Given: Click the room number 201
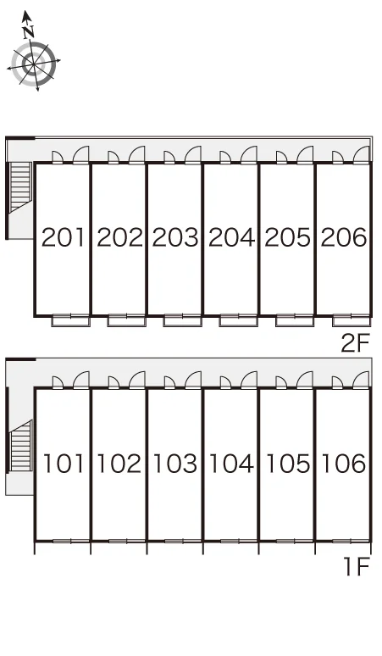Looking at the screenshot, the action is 64,237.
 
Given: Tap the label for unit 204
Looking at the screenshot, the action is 231,237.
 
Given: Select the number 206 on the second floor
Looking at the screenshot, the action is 344,237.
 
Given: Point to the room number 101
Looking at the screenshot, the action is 64,464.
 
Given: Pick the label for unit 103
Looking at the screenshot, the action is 175,464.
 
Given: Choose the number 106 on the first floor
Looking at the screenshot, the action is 344,464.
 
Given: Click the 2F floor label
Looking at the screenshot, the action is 356,343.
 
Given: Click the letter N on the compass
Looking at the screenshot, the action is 29,32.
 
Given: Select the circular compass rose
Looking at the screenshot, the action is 33,64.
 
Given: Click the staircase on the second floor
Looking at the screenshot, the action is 20,186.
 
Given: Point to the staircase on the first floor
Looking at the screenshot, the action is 20,445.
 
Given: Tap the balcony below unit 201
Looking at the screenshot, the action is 70,320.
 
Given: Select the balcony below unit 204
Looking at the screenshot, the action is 239,320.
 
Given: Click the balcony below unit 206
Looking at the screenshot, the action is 352,320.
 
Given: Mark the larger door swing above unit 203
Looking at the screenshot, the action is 192,154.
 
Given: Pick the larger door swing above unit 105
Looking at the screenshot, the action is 305,380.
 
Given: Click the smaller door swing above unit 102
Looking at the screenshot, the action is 113,382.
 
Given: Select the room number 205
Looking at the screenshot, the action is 287,237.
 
